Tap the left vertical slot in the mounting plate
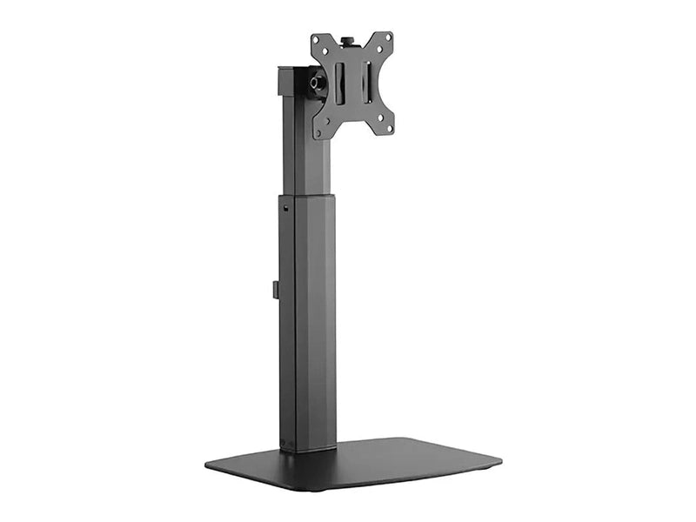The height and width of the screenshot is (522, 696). tap(340, 83)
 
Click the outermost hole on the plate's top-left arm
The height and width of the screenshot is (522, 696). tap(317, 41)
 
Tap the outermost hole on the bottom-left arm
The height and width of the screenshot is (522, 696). tap(319, 133)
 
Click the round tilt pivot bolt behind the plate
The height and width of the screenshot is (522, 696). tap(317, 83)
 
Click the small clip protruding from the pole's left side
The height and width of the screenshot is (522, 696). tap(276, 289)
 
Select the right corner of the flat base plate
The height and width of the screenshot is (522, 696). tap(499, 458)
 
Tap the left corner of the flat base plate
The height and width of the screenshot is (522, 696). tap(209, 465)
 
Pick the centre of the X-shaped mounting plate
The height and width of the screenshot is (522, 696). tap(352, 84)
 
